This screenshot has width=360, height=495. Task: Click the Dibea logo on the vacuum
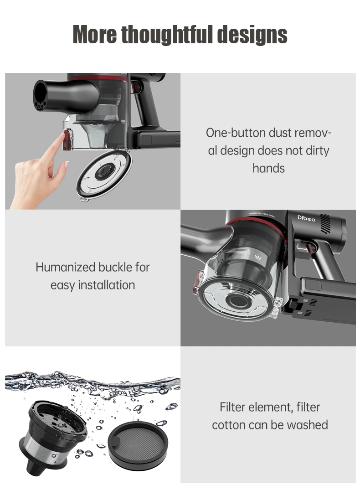point(306,218)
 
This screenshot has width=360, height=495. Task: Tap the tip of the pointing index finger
point(62,134)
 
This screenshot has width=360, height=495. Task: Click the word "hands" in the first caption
point(268,168)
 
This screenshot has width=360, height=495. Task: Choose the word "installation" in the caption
point(106,285)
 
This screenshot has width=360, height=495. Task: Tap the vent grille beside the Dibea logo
point(326,223)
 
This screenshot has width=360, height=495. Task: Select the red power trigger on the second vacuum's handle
point(310,248)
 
